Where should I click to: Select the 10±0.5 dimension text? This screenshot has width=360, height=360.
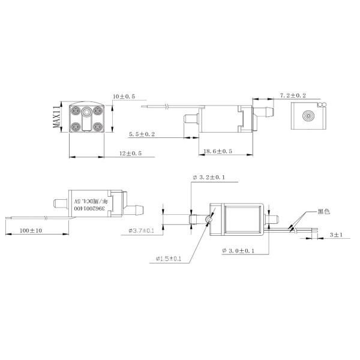tap(124, 96)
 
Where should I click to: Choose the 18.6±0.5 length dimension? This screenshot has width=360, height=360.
tap(218, 151)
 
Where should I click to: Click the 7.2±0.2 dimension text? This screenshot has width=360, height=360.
tap(293, 95)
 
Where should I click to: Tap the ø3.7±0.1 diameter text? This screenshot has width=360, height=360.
tap(141, 230)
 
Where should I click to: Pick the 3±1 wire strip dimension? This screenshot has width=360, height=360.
tap(337, 236)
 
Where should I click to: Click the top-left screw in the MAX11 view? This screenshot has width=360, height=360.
tap(77, 110)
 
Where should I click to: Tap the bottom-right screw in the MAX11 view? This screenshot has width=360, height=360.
tap(98, 127)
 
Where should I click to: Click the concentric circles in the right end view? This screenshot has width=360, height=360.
tap(309, 116)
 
